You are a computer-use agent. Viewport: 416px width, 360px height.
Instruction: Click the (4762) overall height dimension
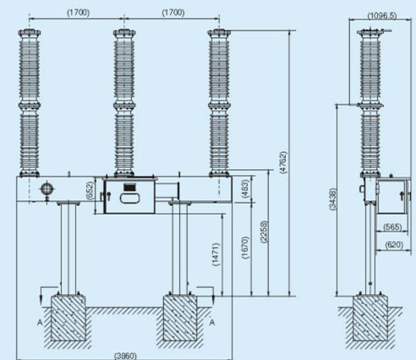pyautogui.click(x=284, y=162)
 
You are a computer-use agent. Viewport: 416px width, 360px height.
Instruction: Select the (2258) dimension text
pyautogui.click(x=264, y=232)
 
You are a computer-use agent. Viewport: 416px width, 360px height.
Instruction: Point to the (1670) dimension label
pyautogui.click(x=245, y=248)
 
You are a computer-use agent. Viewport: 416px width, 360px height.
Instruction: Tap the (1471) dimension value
pyautogui.click(x=216, y=254)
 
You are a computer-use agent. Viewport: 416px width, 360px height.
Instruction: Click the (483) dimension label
pyautogui.click(x=245, y=188)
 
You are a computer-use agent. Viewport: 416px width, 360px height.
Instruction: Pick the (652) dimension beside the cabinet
pyautogui.click(x=90, y=191)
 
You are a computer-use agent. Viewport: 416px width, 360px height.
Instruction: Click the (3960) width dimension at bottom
pyautogui.click(x=125, y=356)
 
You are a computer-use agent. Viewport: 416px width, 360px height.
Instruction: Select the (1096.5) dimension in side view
pyautogui.click(x=382, y=15)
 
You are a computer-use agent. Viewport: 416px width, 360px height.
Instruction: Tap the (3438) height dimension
pyautogui.click(x=333, y=199)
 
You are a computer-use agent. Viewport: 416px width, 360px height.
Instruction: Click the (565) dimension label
pyautogui.click(x=392, y=226)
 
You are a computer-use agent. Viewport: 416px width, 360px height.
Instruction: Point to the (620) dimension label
pyautogui.click(x=394, y=245)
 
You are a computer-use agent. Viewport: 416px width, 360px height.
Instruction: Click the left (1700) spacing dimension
pyautogui.click(x=78, y=13)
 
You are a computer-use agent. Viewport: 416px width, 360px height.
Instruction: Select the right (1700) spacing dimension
pyautogui.click(x=173, y=13)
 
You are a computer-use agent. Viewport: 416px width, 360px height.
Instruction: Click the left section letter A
pyautogui.click(x=40, y=322)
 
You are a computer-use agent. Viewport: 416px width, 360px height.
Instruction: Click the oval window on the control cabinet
pyautogui.click(x=129, y=198)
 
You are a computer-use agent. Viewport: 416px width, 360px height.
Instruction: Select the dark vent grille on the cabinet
pyautogui.click(x=129, y=188)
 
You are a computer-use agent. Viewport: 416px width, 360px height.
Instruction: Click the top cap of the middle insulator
pyautogui.click(x=124, y=32)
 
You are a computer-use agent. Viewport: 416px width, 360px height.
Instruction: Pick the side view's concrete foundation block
pyautogui.click(x=370, y=318)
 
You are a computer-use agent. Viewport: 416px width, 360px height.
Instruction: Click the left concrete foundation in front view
pyautogui.click(x=68, y=318)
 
